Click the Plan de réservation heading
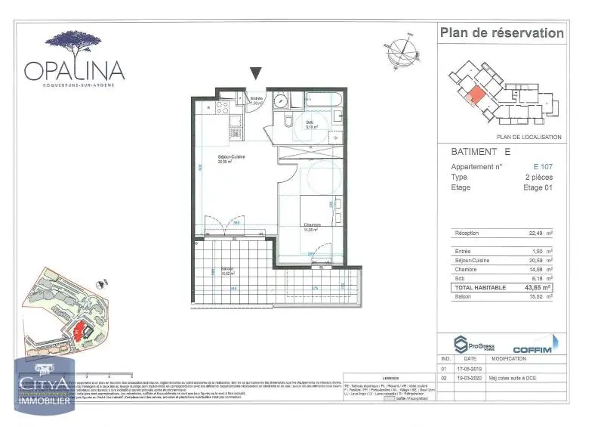click(501, 32)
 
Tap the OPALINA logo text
click(74, 70)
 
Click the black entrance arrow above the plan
click(256, 73)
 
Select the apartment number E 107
click(542, 166)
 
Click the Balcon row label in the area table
click(464, 297)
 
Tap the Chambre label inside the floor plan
click(313, 225)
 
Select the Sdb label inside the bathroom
click(310, 124)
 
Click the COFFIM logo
click(534, 349)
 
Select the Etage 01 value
click(538, 187)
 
